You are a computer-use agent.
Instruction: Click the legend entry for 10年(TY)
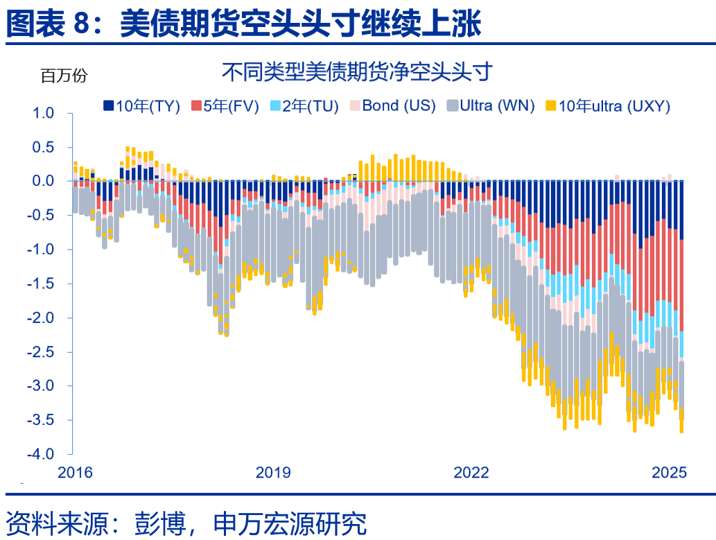[141, 106]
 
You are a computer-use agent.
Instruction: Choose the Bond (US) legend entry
[392, 106]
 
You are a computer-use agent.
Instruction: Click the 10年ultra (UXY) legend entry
[607, 106]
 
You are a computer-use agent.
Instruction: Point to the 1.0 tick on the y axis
[42, 113]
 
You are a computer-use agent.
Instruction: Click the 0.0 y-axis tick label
[42, 181]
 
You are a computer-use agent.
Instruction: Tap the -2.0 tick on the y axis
[40, 317]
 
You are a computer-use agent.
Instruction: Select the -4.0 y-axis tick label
[40, 454]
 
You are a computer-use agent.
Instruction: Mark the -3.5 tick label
[40, 420]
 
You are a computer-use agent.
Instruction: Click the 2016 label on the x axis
[74, 473]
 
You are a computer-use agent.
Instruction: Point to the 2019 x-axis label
[273, 473]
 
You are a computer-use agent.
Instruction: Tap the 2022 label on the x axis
[471, 473]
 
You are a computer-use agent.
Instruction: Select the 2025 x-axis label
[670, 473]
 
